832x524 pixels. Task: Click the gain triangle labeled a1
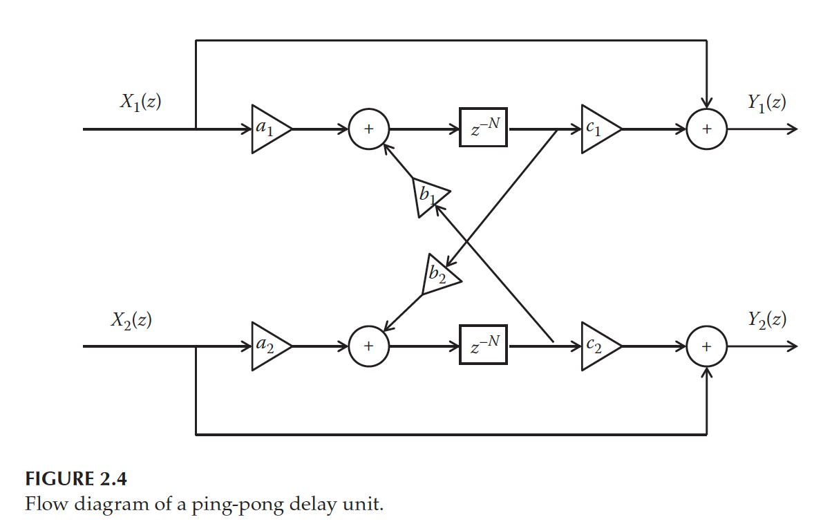267,129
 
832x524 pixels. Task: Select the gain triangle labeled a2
267,346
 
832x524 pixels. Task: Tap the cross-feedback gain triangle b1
428,196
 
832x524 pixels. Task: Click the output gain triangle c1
597,129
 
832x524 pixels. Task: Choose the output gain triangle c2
597,346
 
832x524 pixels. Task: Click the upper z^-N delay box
483,128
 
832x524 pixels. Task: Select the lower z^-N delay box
483,345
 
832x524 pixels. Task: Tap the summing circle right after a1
368,129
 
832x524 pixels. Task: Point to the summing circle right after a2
368,346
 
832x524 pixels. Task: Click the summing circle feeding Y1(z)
706,129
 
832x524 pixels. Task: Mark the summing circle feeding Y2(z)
706,346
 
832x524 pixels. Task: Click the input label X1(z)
141,102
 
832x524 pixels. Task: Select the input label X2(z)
131,319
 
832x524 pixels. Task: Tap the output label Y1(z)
766,102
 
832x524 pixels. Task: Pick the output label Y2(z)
766,319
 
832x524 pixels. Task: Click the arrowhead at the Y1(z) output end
793,129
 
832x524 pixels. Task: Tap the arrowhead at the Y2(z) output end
793,346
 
